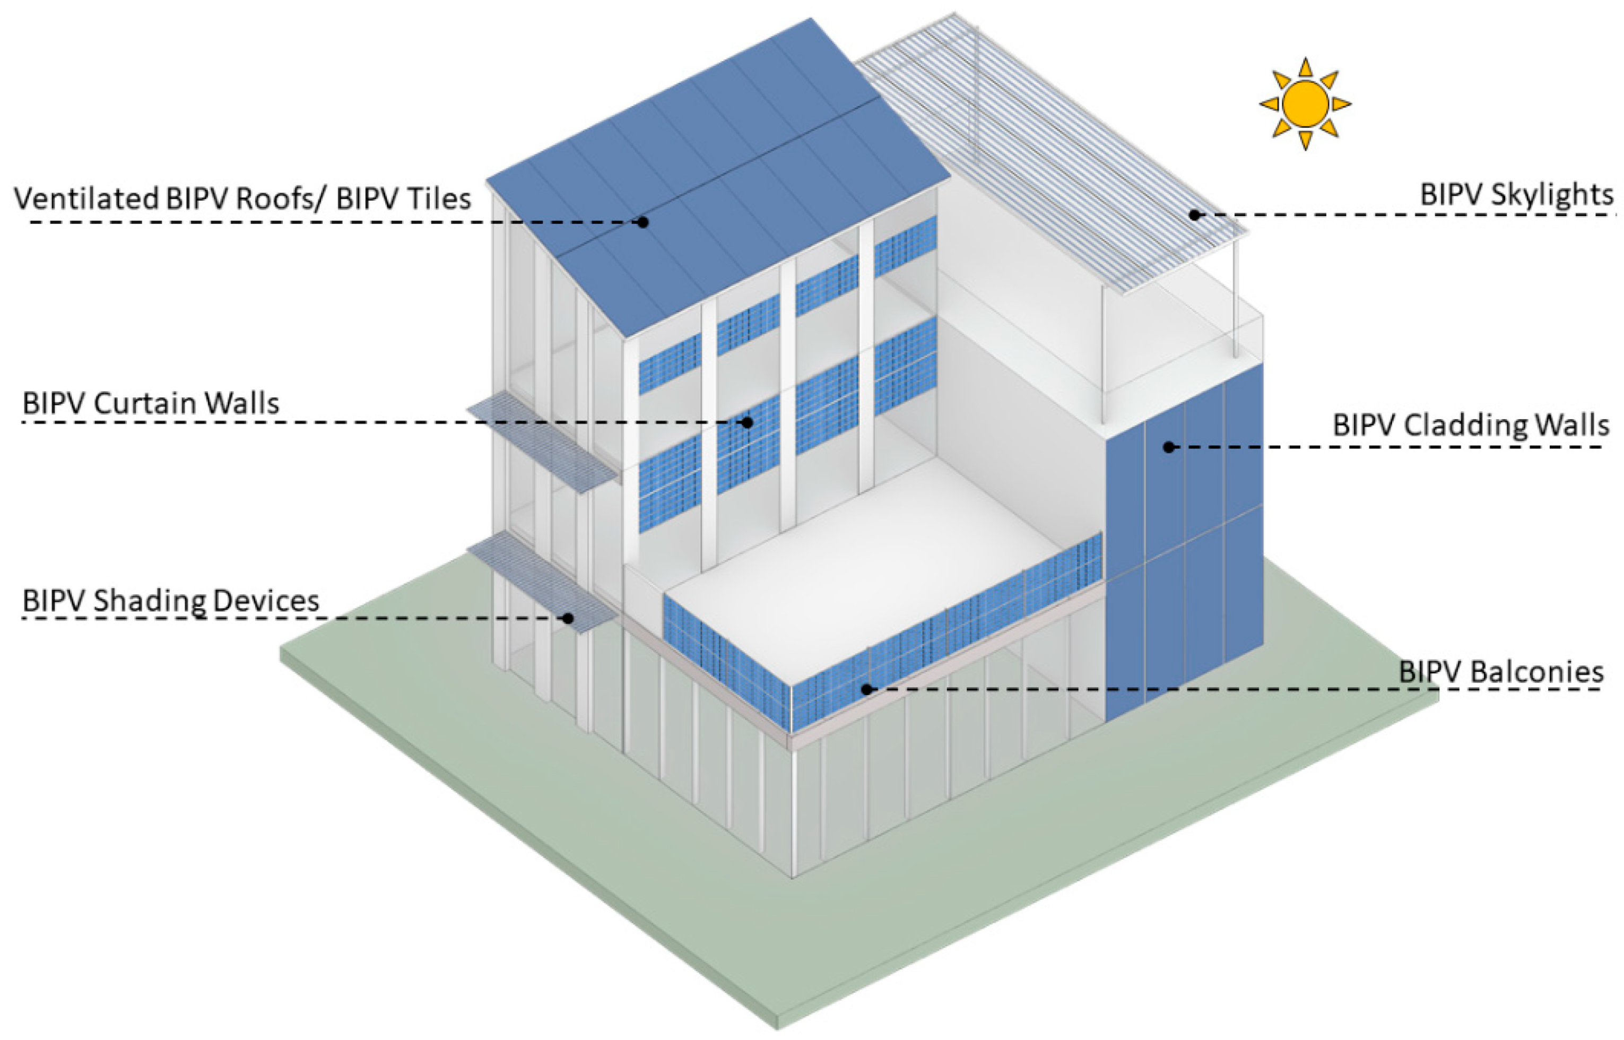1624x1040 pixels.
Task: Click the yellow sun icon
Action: (x=1304, y=104)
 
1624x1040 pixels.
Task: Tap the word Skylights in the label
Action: (x=1552, y=195)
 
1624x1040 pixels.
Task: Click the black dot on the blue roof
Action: (x=643, y=221)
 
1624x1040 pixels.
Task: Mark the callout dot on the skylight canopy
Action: (x=1194, y=215)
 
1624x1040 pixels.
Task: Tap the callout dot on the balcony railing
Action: (x=867, y=689)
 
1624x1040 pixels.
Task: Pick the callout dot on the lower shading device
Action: (x=569, y=618)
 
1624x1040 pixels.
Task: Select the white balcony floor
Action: (x=857, y=560)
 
